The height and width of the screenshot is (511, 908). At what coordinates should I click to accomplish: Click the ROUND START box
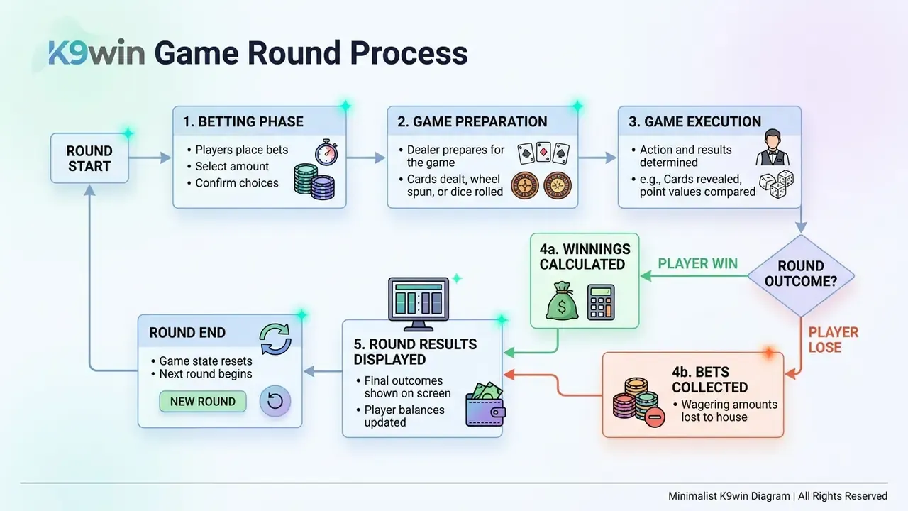click(x=89, y=158)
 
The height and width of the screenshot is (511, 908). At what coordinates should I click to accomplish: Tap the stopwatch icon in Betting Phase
click(x=327, y=153)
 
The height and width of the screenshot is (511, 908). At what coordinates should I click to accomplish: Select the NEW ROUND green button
click(x=203, y=402)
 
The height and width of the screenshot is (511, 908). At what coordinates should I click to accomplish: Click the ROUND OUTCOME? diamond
click(x=801, y=276)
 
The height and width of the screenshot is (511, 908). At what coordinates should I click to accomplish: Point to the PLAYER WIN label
click(x=697, y=263)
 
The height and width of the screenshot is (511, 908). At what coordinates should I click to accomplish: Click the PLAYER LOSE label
click(x=834, y=340)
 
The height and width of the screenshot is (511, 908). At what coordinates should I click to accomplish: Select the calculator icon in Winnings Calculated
click(x=601, y=302)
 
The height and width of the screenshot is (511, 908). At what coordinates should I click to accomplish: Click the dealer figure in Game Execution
click(x=773, y=148)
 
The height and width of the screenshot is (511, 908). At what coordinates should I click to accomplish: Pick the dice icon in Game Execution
click(x=776, y=184)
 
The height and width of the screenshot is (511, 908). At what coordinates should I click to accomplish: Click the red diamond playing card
click(x=543, y=152)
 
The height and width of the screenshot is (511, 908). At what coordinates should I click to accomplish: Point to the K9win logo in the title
click(x=96, y=53)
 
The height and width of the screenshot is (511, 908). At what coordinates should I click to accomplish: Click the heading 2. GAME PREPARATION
click(x=472, y=121)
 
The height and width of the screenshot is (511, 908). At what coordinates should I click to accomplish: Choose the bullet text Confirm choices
click(x=237, y=183)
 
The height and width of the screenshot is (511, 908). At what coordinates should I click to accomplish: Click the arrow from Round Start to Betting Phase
click(x=150, y=158)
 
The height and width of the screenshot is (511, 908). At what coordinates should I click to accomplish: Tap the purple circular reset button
click(x=275, y=401)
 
